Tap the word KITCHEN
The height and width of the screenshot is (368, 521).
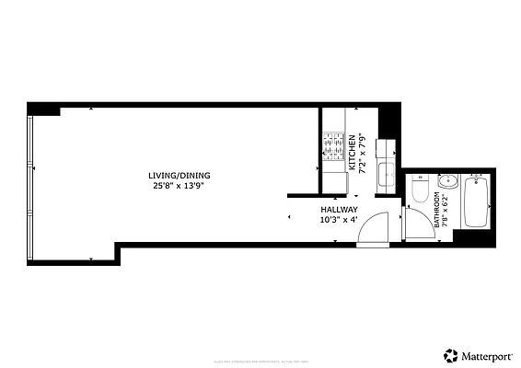pyautogui.click(x=351, y=153)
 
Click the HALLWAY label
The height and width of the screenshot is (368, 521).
pyautogui.click(x=338, y=210)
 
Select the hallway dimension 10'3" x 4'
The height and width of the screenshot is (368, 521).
pyautogui.click(x=338, y=220)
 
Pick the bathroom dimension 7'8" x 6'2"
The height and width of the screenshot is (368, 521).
pyautogui.click(x=445, y=210)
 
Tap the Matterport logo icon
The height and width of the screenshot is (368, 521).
pyautogui.click(x=450, y=354)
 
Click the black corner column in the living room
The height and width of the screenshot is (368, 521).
pyautogui.click(x=43, y=109)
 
